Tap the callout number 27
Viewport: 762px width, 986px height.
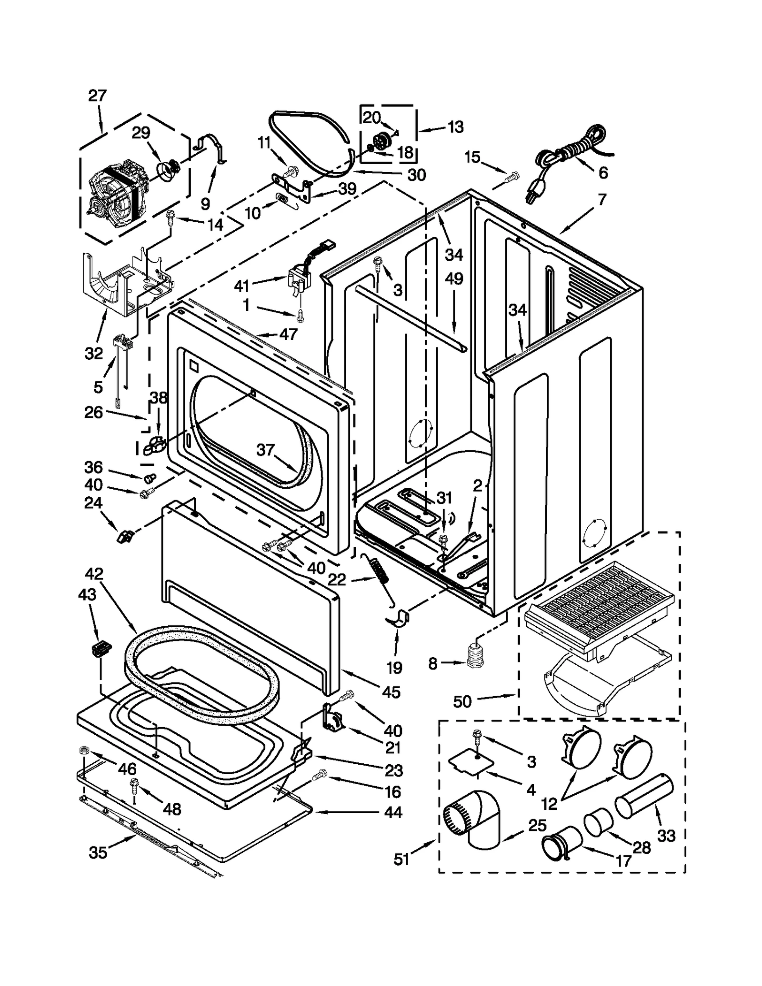click(x=97, y=96)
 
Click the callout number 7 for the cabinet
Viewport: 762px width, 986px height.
click(x=602, y=199)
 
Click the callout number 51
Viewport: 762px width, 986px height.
click(x=401, y=859)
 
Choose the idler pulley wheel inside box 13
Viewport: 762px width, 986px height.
click(x=381, y=141)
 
